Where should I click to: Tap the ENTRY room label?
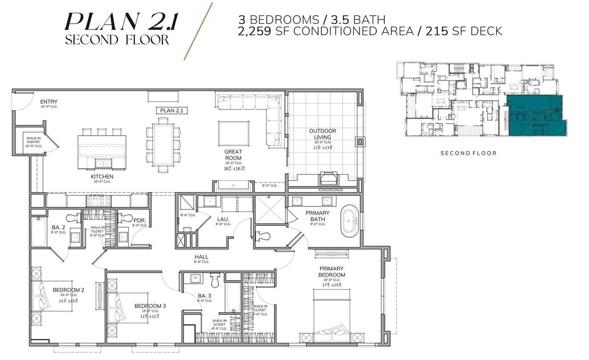tap(49, 102)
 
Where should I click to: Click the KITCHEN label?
tap(102, 176)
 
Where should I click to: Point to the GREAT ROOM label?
tap(233, 154)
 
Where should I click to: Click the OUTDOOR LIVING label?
tap(322, 134)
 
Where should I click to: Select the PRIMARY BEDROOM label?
tap(331, 271)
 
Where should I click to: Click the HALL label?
tap(201, 257)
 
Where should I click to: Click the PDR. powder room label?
tap(139, 221)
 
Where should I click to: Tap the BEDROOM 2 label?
tap(68, 290)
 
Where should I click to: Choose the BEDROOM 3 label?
tap(150, 306)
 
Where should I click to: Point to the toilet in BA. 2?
tap(72, 217)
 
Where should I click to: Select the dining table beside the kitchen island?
tap(163, 143)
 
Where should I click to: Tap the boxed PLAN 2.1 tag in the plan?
tap(170, 110)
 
